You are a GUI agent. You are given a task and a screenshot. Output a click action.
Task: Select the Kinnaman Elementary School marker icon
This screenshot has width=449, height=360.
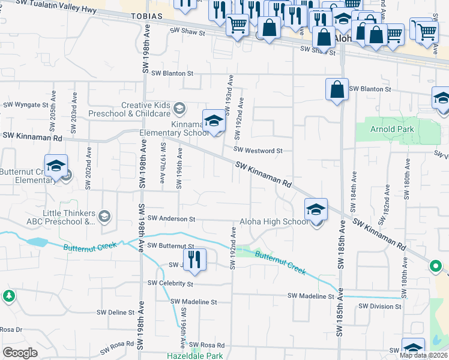pos(214,122)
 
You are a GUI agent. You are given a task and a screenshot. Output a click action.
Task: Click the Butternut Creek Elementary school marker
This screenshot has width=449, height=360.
pos(56,167)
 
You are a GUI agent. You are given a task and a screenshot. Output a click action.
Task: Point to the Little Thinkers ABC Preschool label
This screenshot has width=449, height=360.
pos(69,217)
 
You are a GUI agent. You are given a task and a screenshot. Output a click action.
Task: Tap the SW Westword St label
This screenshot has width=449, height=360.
pos(258,151)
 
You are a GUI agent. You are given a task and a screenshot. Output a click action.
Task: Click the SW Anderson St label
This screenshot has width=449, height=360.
pos(171,219)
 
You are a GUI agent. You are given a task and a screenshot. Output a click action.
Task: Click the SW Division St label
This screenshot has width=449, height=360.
pos(379,306)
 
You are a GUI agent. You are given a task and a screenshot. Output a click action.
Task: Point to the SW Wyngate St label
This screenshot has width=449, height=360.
pos(26,104)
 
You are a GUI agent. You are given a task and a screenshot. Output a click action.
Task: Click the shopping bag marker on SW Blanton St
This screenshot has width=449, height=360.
pos(337,90)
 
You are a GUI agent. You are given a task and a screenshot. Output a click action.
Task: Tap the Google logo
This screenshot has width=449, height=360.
pos(20,352)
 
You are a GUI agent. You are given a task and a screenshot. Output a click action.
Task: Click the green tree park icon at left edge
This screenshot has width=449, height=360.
pos(8,296)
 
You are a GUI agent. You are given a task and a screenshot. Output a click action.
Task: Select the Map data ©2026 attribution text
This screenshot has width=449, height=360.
pos(423,355)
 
